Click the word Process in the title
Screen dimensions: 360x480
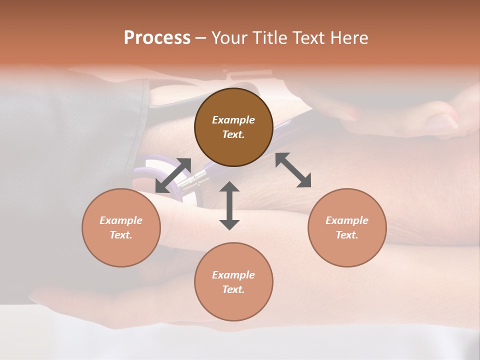click(157, 38)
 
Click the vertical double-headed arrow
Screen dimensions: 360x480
click(229, 205)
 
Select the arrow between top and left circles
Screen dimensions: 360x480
click(173, 175)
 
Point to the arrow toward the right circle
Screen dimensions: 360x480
click(293, 170)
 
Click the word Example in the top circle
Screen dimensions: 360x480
click(233, 120)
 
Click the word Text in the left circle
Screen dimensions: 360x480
click(121, 235)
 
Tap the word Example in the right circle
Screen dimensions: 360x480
click(347, 220)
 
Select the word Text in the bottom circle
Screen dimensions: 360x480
click(233, 289)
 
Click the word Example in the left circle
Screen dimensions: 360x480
click(121, 220)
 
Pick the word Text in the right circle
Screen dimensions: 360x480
click(347, 235)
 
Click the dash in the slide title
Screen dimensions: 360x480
click(200, 38)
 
